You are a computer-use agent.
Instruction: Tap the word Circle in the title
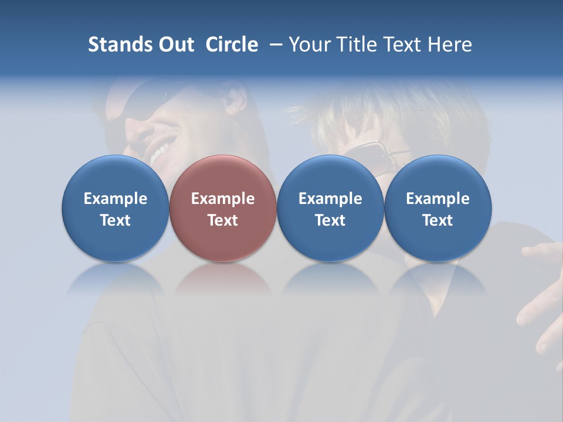coord(232,45)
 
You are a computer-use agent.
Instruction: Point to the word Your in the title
coord(310,45)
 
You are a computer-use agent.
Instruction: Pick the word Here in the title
coord(449,45)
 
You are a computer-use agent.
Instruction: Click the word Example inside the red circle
coord(223,199)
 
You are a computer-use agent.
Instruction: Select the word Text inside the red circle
coord(223,220)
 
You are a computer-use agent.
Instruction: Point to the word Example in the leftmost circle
coord(116,199)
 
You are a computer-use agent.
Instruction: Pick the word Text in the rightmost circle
coord(437,220)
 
